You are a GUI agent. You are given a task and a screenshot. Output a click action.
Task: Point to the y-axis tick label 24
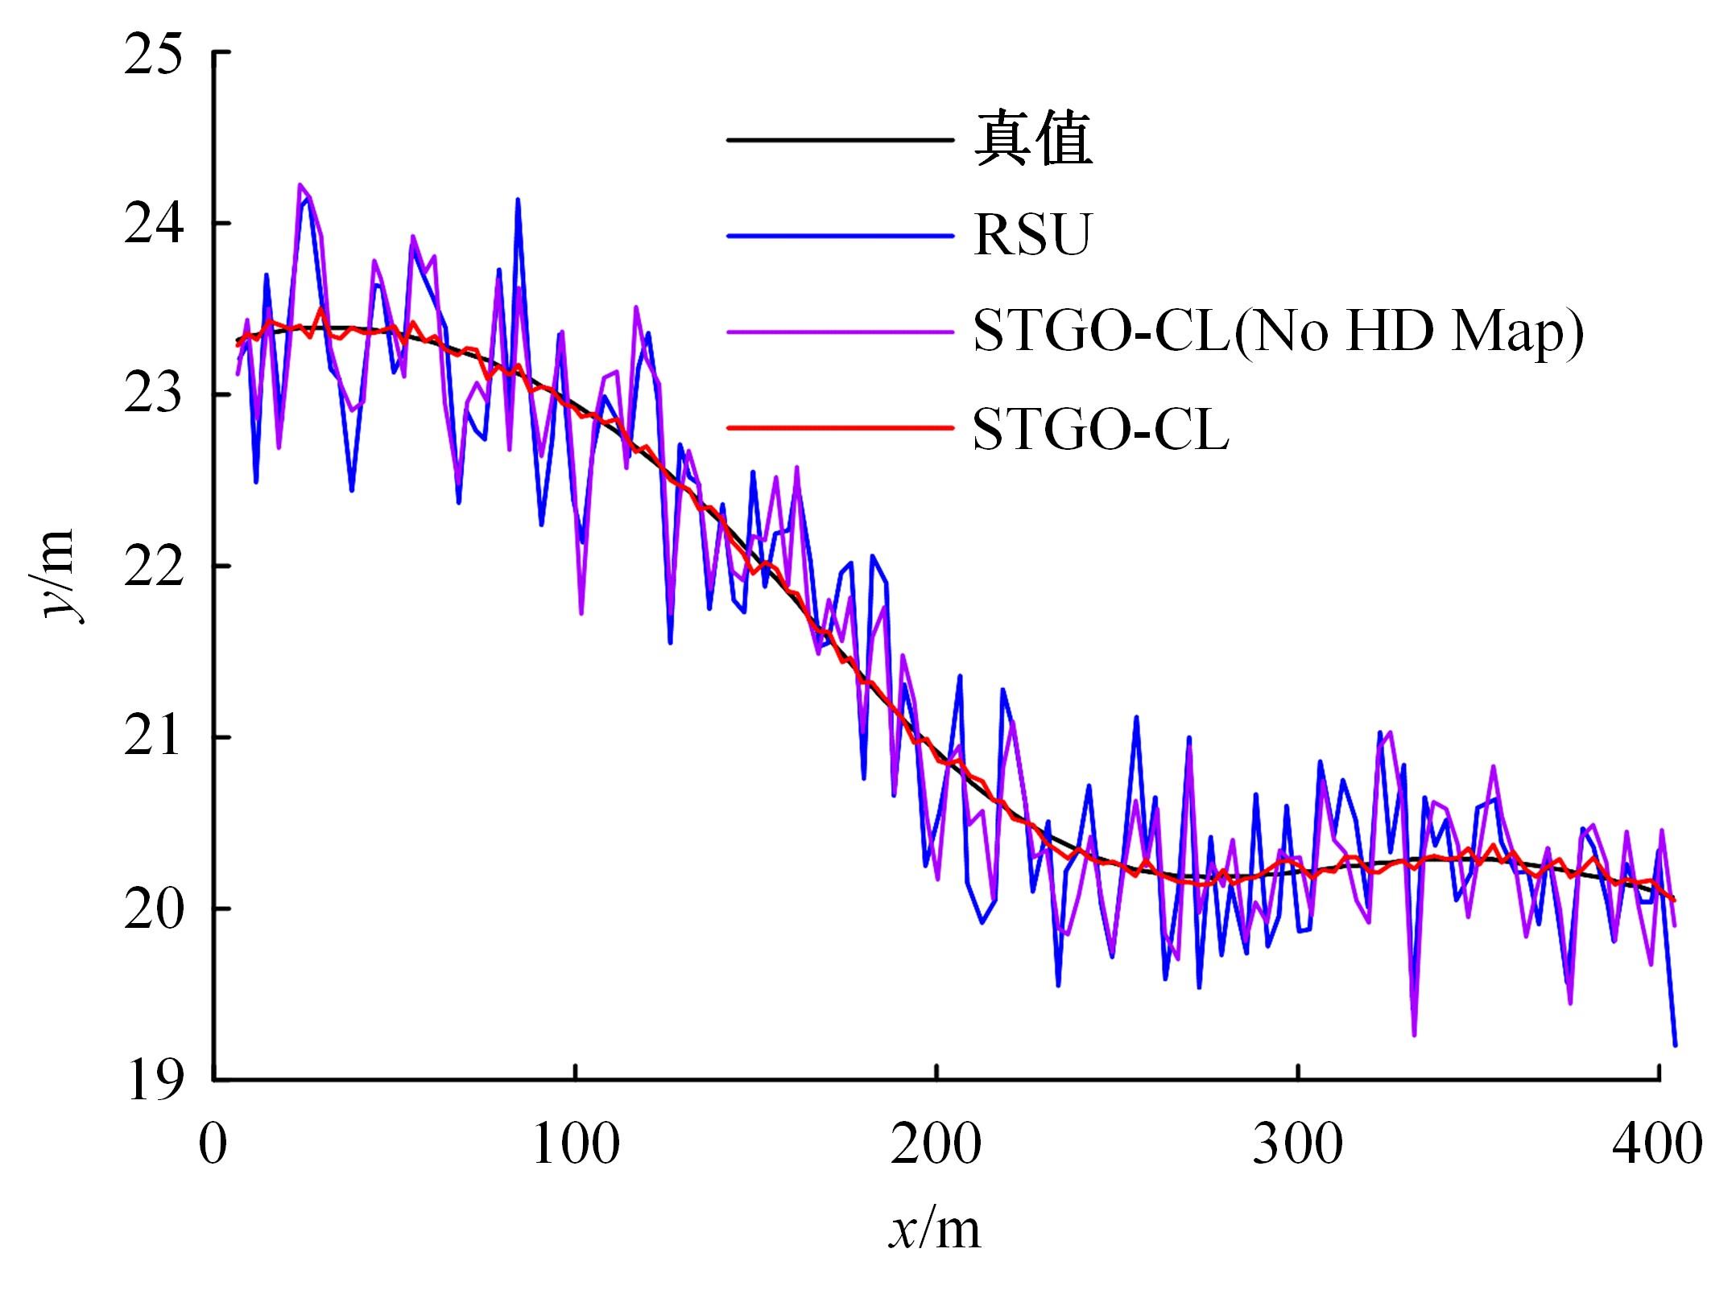coord(153,224)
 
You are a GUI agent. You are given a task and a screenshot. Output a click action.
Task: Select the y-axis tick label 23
coord(153,395)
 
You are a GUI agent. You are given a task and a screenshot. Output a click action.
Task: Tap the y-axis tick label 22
coord(153,567)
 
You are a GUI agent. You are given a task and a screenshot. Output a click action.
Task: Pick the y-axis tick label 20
coord(153,909)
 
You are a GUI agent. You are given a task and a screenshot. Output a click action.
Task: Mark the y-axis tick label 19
coord(153,1081)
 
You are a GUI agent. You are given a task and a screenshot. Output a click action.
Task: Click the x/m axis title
coord(936,1230)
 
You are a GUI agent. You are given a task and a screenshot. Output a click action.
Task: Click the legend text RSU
coord(1031,235)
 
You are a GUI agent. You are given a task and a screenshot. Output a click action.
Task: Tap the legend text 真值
coord(1033,140)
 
